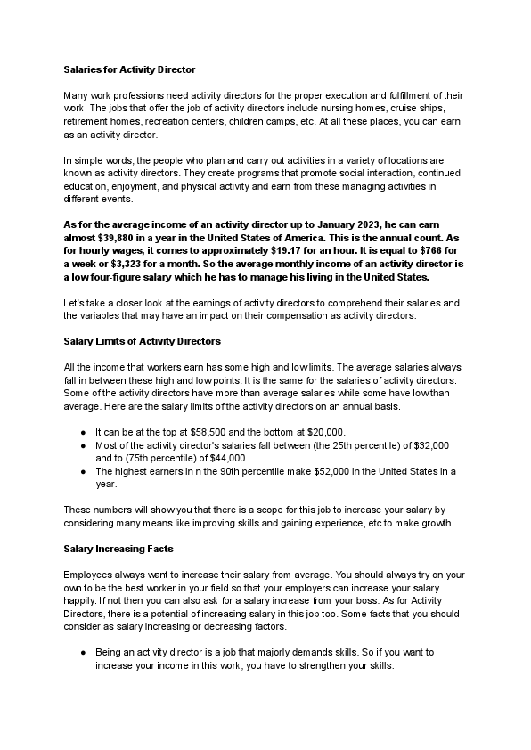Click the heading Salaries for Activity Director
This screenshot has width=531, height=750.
[x=129, y=69]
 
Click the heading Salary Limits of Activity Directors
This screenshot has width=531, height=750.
[x=143, y=340]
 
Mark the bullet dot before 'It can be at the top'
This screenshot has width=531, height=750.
[x=83, y=430]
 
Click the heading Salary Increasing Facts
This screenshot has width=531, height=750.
[x=118, y=547]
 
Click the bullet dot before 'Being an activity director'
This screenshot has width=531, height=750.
[x=83, y=652]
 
